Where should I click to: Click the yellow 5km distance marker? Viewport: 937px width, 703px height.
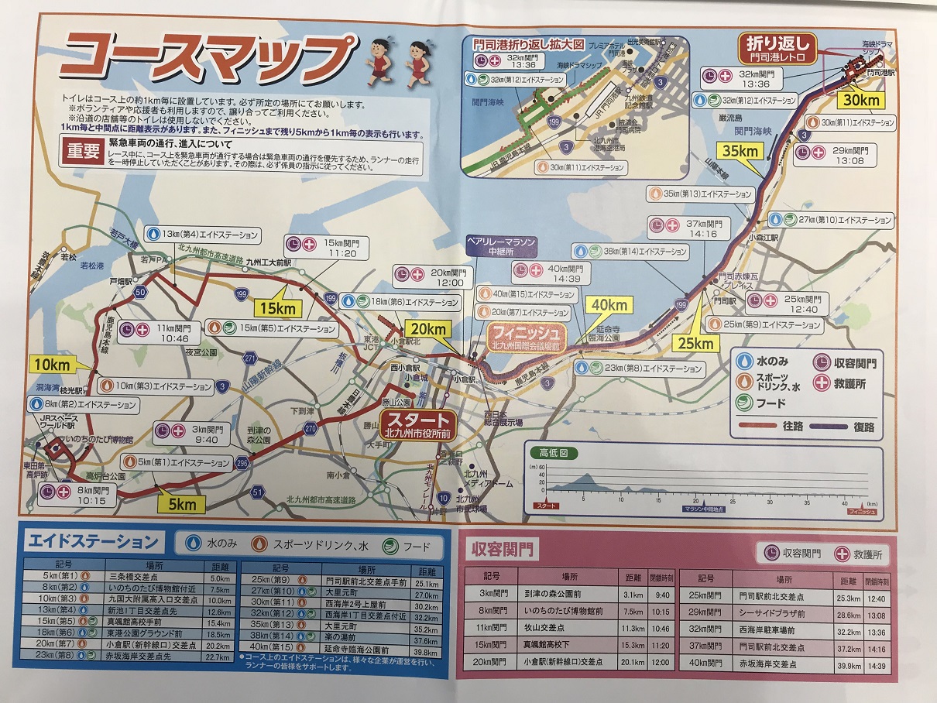[182, 505]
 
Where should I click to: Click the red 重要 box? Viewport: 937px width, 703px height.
[81, 152]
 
